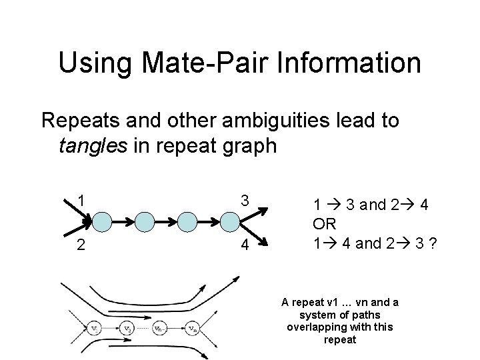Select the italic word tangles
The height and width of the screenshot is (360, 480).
[x=91, y=145]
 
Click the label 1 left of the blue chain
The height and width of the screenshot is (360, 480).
[x=80, y=200]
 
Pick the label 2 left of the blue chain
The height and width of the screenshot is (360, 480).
[x=80, y=245]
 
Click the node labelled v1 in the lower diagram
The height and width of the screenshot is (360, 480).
[x=95, y=327]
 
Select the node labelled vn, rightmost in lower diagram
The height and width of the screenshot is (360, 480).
[x=193, y=327]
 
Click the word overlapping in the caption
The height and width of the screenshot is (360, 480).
[x=317, y=327]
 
